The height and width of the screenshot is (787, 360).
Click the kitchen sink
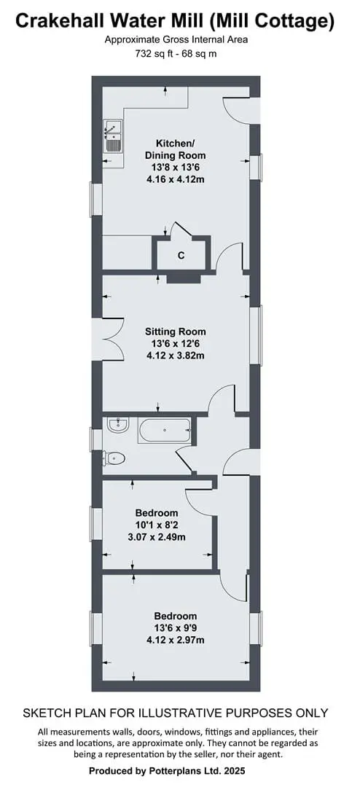112,136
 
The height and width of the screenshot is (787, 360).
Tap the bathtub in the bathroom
165,431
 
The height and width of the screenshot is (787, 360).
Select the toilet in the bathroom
114,458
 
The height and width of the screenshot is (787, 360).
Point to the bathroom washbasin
119,425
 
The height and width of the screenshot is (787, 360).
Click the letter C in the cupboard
181,256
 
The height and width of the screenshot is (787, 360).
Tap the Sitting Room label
175,332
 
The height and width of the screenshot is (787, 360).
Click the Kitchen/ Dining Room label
175,149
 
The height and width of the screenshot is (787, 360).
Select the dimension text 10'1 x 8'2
156,525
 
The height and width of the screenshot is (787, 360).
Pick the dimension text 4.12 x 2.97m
175,640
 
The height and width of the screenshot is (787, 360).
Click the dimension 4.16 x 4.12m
175,179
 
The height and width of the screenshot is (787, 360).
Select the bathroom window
96,439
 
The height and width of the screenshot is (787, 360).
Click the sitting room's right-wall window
256,335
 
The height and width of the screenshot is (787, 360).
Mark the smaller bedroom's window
96,523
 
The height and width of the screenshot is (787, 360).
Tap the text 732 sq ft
153,54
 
